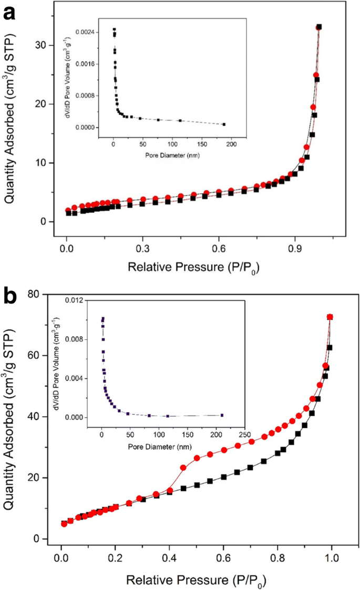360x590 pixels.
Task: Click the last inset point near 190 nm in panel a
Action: tap(224, 125)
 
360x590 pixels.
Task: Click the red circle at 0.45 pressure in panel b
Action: tap(183, 468)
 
